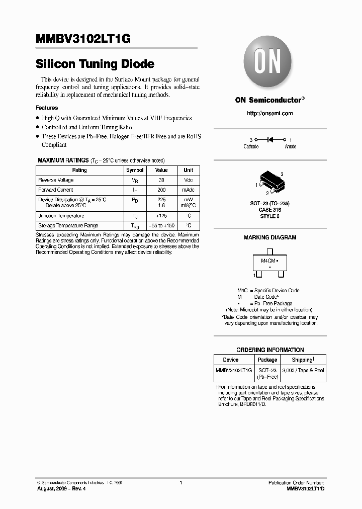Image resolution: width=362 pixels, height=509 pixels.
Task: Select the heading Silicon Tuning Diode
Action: coord(95,64)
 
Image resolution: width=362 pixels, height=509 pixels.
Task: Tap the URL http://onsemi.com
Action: coord(269,113)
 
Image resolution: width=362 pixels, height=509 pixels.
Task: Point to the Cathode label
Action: coord(251,146)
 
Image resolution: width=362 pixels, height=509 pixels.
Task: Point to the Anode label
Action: coord(291,146)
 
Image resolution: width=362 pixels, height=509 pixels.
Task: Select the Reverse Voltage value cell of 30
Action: coord(161,180)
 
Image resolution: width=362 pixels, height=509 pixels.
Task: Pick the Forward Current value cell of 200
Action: coord(161,190)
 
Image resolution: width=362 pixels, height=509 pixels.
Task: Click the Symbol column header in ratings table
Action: coord(135,170)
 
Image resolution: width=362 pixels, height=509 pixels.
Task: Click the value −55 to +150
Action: coord(161,226)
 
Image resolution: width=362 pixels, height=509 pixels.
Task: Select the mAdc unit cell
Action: coord(188,190)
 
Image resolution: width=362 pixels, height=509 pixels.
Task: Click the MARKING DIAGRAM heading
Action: coord(270,237)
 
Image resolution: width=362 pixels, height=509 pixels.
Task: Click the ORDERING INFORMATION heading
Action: coord(270,350)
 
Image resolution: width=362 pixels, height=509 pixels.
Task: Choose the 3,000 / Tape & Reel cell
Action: coord(303,370)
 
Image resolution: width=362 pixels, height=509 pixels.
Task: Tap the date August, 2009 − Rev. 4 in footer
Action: coord(61,488)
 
